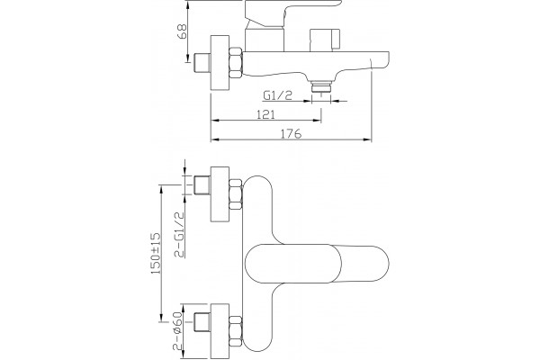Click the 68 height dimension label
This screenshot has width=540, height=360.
click(x=182, y=31)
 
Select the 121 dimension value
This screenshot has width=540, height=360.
click(x=265, y=114)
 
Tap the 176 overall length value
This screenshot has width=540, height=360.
click(x=292, y=133)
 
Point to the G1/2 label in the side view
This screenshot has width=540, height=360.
click(x=277, y=95)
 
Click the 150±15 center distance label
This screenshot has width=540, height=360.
click(x=156, y=254)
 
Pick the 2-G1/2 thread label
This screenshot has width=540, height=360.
click(x=179, y=235)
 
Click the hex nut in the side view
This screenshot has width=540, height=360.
click(x=236, y=62)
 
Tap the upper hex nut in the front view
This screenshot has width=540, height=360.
click(x=236, y=194)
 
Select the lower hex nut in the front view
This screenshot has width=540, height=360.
click(x=236, y=331)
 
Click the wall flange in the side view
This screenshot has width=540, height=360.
click(x=220, y=63)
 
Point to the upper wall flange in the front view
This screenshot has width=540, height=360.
click(x=220, y=194)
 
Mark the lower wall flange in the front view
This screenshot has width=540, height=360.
click(x=220, y=331)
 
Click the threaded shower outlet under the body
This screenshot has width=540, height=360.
click(x=320, y=86)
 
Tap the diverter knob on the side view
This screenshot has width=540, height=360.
click(x=325, y=40)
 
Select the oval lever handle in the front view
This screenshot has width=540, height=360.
click(x=317, y=265)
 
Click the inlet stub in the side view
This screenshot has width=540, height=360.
click(x=202, y=63)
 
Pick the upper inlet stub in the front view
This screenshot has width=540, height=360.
click(x=202, y=185)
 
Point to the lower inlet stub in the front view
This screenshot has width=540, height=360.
click(x=202, y=322)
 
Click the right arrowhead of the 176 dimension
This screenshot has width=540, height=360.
click(x=368, y=139)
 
